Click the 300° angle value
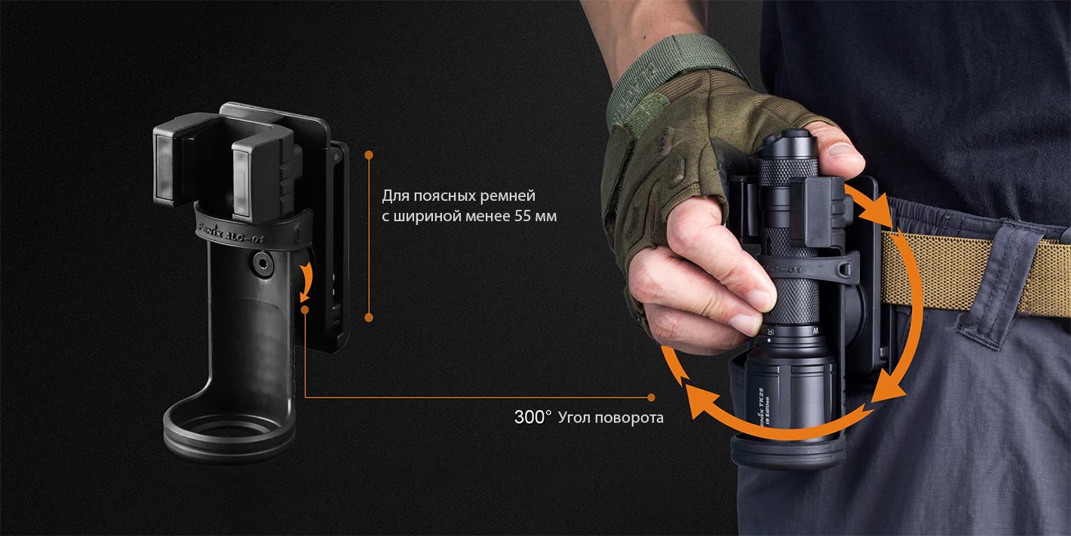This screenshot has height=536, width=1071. (532, 417)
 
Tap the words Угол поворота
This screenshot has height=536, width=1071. (611, 417)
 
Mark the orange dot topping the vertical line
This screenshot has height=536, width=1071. (369, 155)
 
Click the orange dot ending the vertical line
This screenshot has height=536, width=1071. (369, 318)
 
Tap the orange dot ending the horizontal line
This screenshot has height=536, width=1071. (652, 397)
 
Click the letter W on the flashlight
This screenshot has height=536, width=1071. (816, 330)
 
